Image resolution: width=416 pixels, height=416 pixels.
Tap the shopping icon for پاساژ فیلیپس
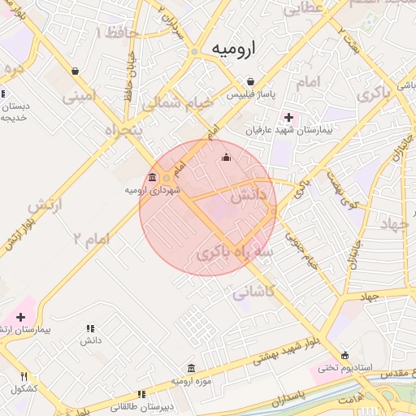point(251,81)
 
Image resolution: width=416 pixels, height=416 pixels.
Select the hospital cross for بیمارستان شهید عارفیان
point(288,117)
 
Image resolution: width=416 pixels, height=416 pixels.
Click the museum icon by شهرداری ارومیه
point(153,177)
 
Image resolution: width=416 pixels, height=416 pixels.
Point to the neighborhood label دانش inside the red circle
point(248,196)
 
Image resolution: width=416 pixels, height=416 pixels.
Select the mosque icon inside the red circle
point(226,157)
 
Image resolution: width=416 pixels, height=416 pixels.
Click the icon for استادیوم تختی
point(346,355)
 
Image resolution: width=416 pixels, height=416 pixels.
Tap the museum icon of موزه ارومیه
point(191,368)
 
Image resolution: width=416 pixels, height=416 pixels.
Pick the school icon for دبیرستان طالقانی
point(142,394)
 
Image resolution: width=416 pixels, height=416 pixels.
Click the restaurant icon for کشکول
point(24,376)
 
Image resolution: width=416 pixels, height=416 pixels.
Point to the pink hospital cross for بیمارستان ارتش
point(20,315)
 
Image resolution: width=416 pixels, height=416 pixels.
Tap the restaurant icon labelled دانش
point(89,328)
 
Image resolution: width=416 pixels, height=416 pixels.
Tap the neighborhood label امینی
point(79,96)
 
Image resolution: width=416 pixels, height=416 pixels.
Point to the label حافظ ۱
point(116,33)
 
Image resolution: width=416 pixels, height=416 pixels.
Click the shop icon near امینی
point(75,71)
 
